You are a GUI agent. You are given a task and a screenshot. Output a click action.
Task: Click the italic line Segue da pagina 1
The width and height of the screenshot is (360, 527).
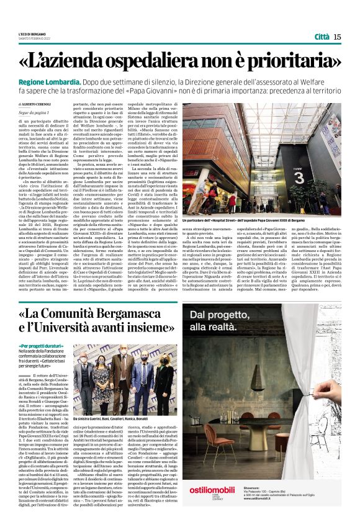tap(35, 112)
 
